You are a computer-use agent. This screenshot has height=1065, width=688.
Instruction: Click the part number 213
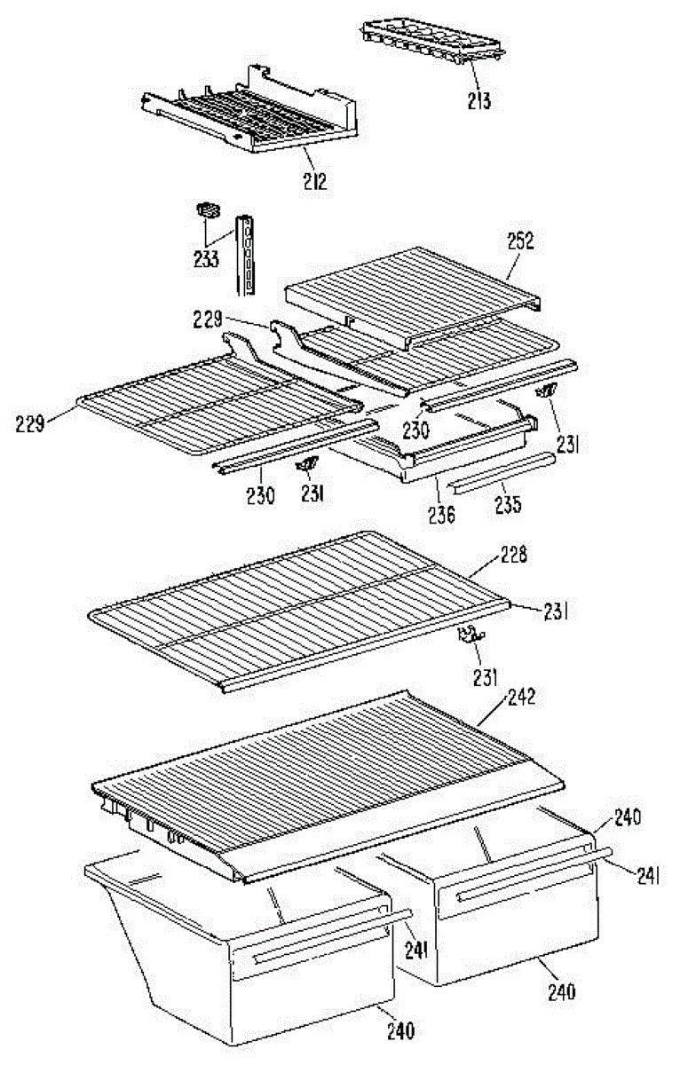(479, 100)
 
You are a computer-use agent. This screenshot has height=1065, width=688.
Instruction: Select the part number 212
(314, 183)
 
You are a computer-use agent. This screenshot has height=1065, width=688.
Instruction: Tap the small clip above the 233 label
(209, 210)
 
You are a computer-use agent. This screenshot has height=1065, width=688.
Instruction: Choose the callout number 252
(520, 241)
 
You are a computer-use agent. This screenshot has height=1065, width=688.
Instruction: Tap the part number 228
(513, 556)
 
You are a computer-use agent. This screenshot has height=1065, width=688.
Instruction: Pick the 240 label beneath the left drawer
(399, 1030)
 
